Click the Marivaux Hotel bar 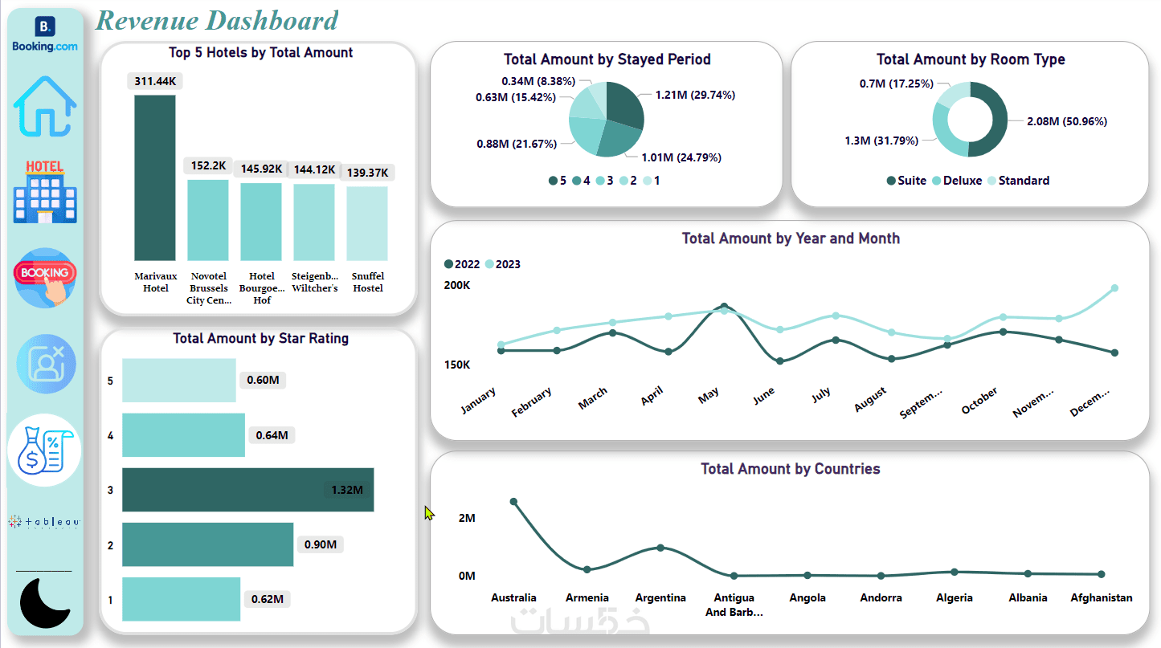154,177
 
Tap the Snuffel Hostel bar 367,223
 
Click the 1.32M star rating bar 247,490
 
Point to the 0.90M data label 321,544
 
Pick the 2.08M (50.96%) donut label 1066,122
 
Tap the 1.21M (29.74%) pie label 694,95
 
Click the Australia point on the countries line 514,502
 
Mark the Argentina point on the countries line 660,548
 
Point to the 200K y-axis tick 457,286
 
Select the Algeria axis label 955,597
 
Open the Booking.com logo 45,34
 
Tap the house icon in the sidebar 45,106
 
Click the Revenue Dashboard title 217,20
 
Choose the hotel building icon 45,193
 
